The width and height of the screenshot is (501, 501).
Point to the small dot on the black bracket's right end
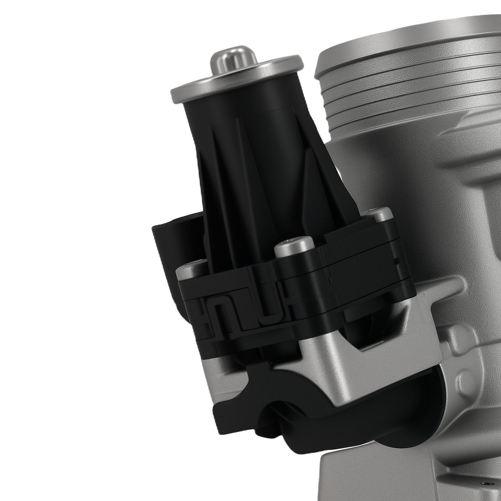[398, 260]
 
